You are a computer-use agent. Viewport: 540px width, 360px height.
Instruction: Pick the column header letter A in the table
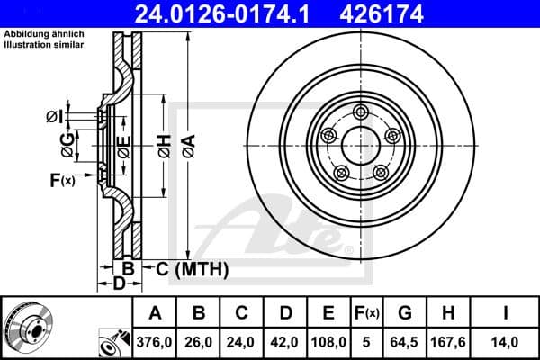pyautogui.click(x=156, y=313)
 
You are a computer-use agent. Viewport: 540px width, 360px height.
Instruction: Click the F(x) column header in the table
pyautogui.click(x=367, y=313)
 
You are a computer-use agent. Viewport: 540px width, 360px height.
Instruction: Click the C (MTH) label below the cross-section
pyautogui.click(x=192, y=268)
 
